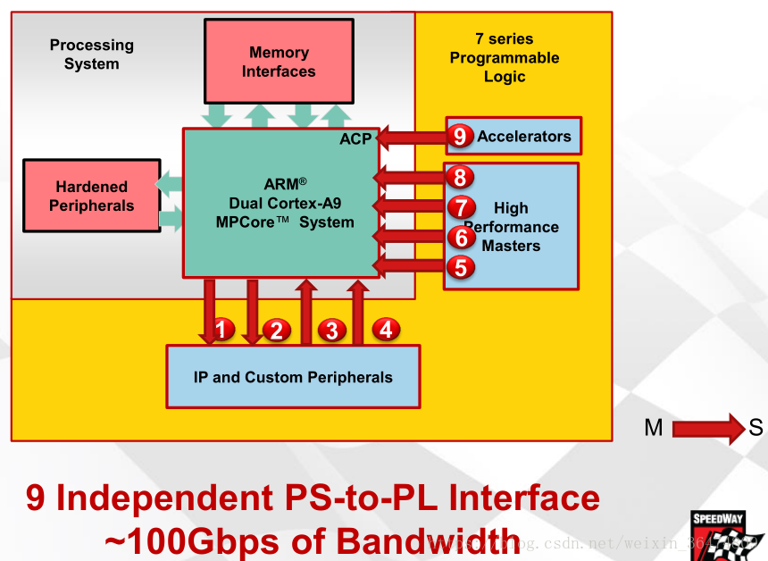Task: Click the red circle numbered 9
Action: pos(459,137)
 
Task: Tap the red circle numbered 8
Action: pos(459,177)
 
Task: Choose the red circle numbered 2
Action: pos(276,330)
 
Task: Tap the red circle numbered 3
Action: pos(331,330)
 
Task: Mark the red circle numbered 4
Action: pos(386,329)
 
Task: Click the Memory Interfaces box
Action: pos(278,62)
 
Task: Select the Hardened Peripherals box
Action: pos(91,197)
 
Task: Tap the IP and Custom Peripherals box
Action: pos(293,376)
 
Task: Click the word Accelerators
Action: pos(524,137)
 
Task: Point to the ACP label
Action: pos(355,139)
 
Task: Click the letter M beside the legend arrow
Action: pos(654,428)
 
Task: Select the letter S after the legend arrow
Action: pos(755,428)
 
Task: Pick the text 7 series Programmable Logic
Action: pos(505,58)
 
